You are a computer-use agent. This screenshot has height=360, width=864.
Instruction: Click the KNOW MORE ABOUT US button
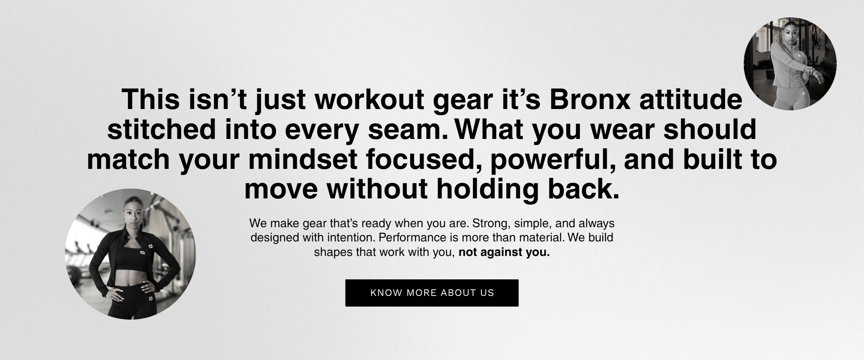coord(432,293)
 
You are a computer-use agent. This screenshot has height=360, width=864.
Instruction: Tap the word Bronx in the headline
coord(590,99)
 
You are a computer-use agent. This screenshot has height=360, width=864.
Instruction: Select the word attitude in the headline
coord(691,99)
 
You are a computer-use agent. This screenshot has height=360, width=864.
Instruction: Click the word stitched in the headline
coord(162,129)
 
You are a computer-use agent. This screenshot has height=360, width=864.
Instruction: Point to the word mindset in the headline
coord(303,159)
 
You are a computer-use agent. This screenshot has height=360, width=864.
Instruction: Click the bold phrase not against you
coord(504,253)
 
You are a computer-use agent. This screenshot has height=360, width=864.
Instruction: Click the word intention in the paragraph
coord(351,238)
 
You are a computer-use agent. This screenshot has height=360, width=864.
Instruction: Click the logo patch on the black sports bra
coord(142,252)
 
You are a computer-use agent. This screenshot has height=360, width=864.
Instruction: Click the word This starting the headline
coord(151,99)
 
